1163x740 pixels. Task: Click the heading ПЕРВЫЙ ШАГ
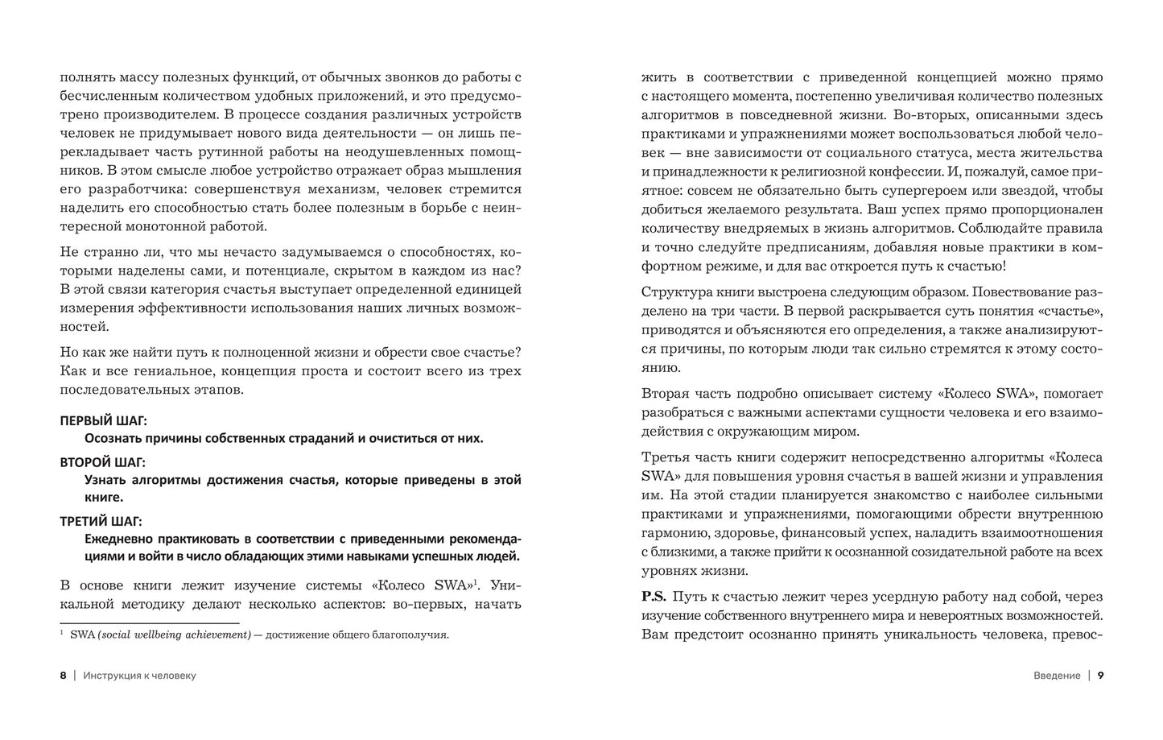tap(104, 420)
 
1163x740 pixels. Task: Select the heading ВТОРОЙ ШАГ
tap(103, 462)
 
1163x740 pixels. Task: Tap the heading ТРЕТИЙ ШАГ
tap(103, 521)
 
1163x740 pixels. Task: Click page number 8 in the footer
tap(63, 676)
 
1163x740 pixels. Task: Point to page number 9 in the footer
tap(1100, 676)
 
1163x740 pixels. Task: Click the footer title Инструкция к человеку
tap(139, 676)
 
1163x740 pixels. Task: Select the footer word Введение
tap(1056, 676)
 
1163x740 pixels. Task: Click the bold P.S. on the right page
tap(653, 597)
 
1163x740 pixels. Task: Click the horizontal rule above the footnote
tap(150, 622)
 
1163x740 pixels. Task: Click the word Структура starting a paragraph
tap(674, 291)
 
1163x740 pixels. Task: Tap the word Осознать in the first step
tap(112, 438)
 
